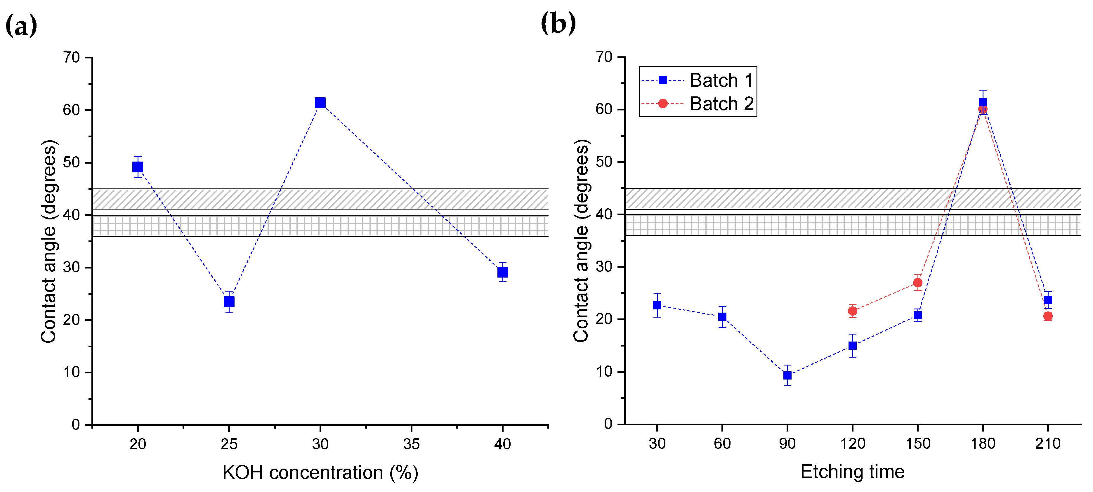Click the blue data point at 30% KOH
point(320,103)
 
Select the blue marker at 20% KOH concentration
point(138,167)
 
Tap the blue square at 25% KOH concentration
point(229,302)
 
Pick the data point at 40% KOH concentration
point(502,272)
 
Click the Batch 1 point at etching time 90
point(787,375)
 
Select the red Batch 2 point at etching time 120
point(852,311)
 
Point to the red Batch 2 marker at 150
point(917,283)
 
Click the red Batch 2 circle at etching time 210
point(1048,316)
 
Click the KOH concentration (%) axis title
point(320,472)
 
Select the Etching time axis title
point(852,472)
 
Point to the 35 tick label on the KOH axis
point(411,444)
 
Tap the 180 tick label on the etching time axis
point(983,444)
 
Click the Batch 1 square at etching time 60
point(722,317)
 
